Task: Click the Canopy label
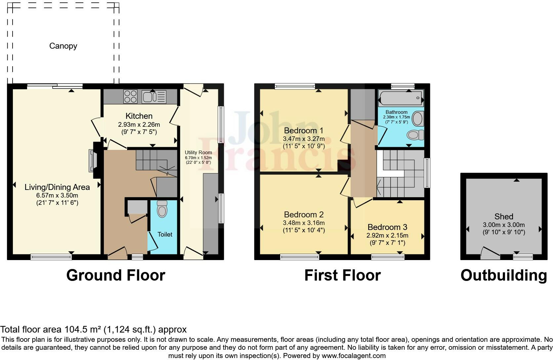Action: click(x=63, y=46)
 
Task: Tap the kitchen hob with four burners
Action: click(x=130, y=97)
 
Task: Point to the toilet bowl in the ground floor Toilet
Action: click(x=162, y=209)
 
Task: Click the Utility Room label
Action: click(x=198, y=153)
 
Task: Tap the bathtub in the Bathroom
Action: click(x=401, y=98)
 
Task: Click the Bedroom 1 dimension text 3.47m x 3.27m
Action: click(x=304, y=139)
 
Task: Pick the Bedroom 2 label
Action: click(x=304, y=214)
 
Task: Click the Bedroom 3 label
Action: click(x=387, y=227)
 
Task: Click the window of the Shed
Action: click(x=523, y=256)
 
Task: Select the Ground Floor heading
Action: click(x=115, y=275)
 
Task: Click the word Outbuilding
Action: click(x=503, y=275)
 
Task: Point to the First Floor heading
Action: click(x=342, y=275)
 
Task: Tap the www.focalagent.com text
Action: click(x=354, y=356)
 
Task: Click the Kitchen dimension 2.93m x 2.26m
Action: click(x=139, y=125)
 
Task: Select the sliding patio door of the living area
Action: click(x=55, y=86)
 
